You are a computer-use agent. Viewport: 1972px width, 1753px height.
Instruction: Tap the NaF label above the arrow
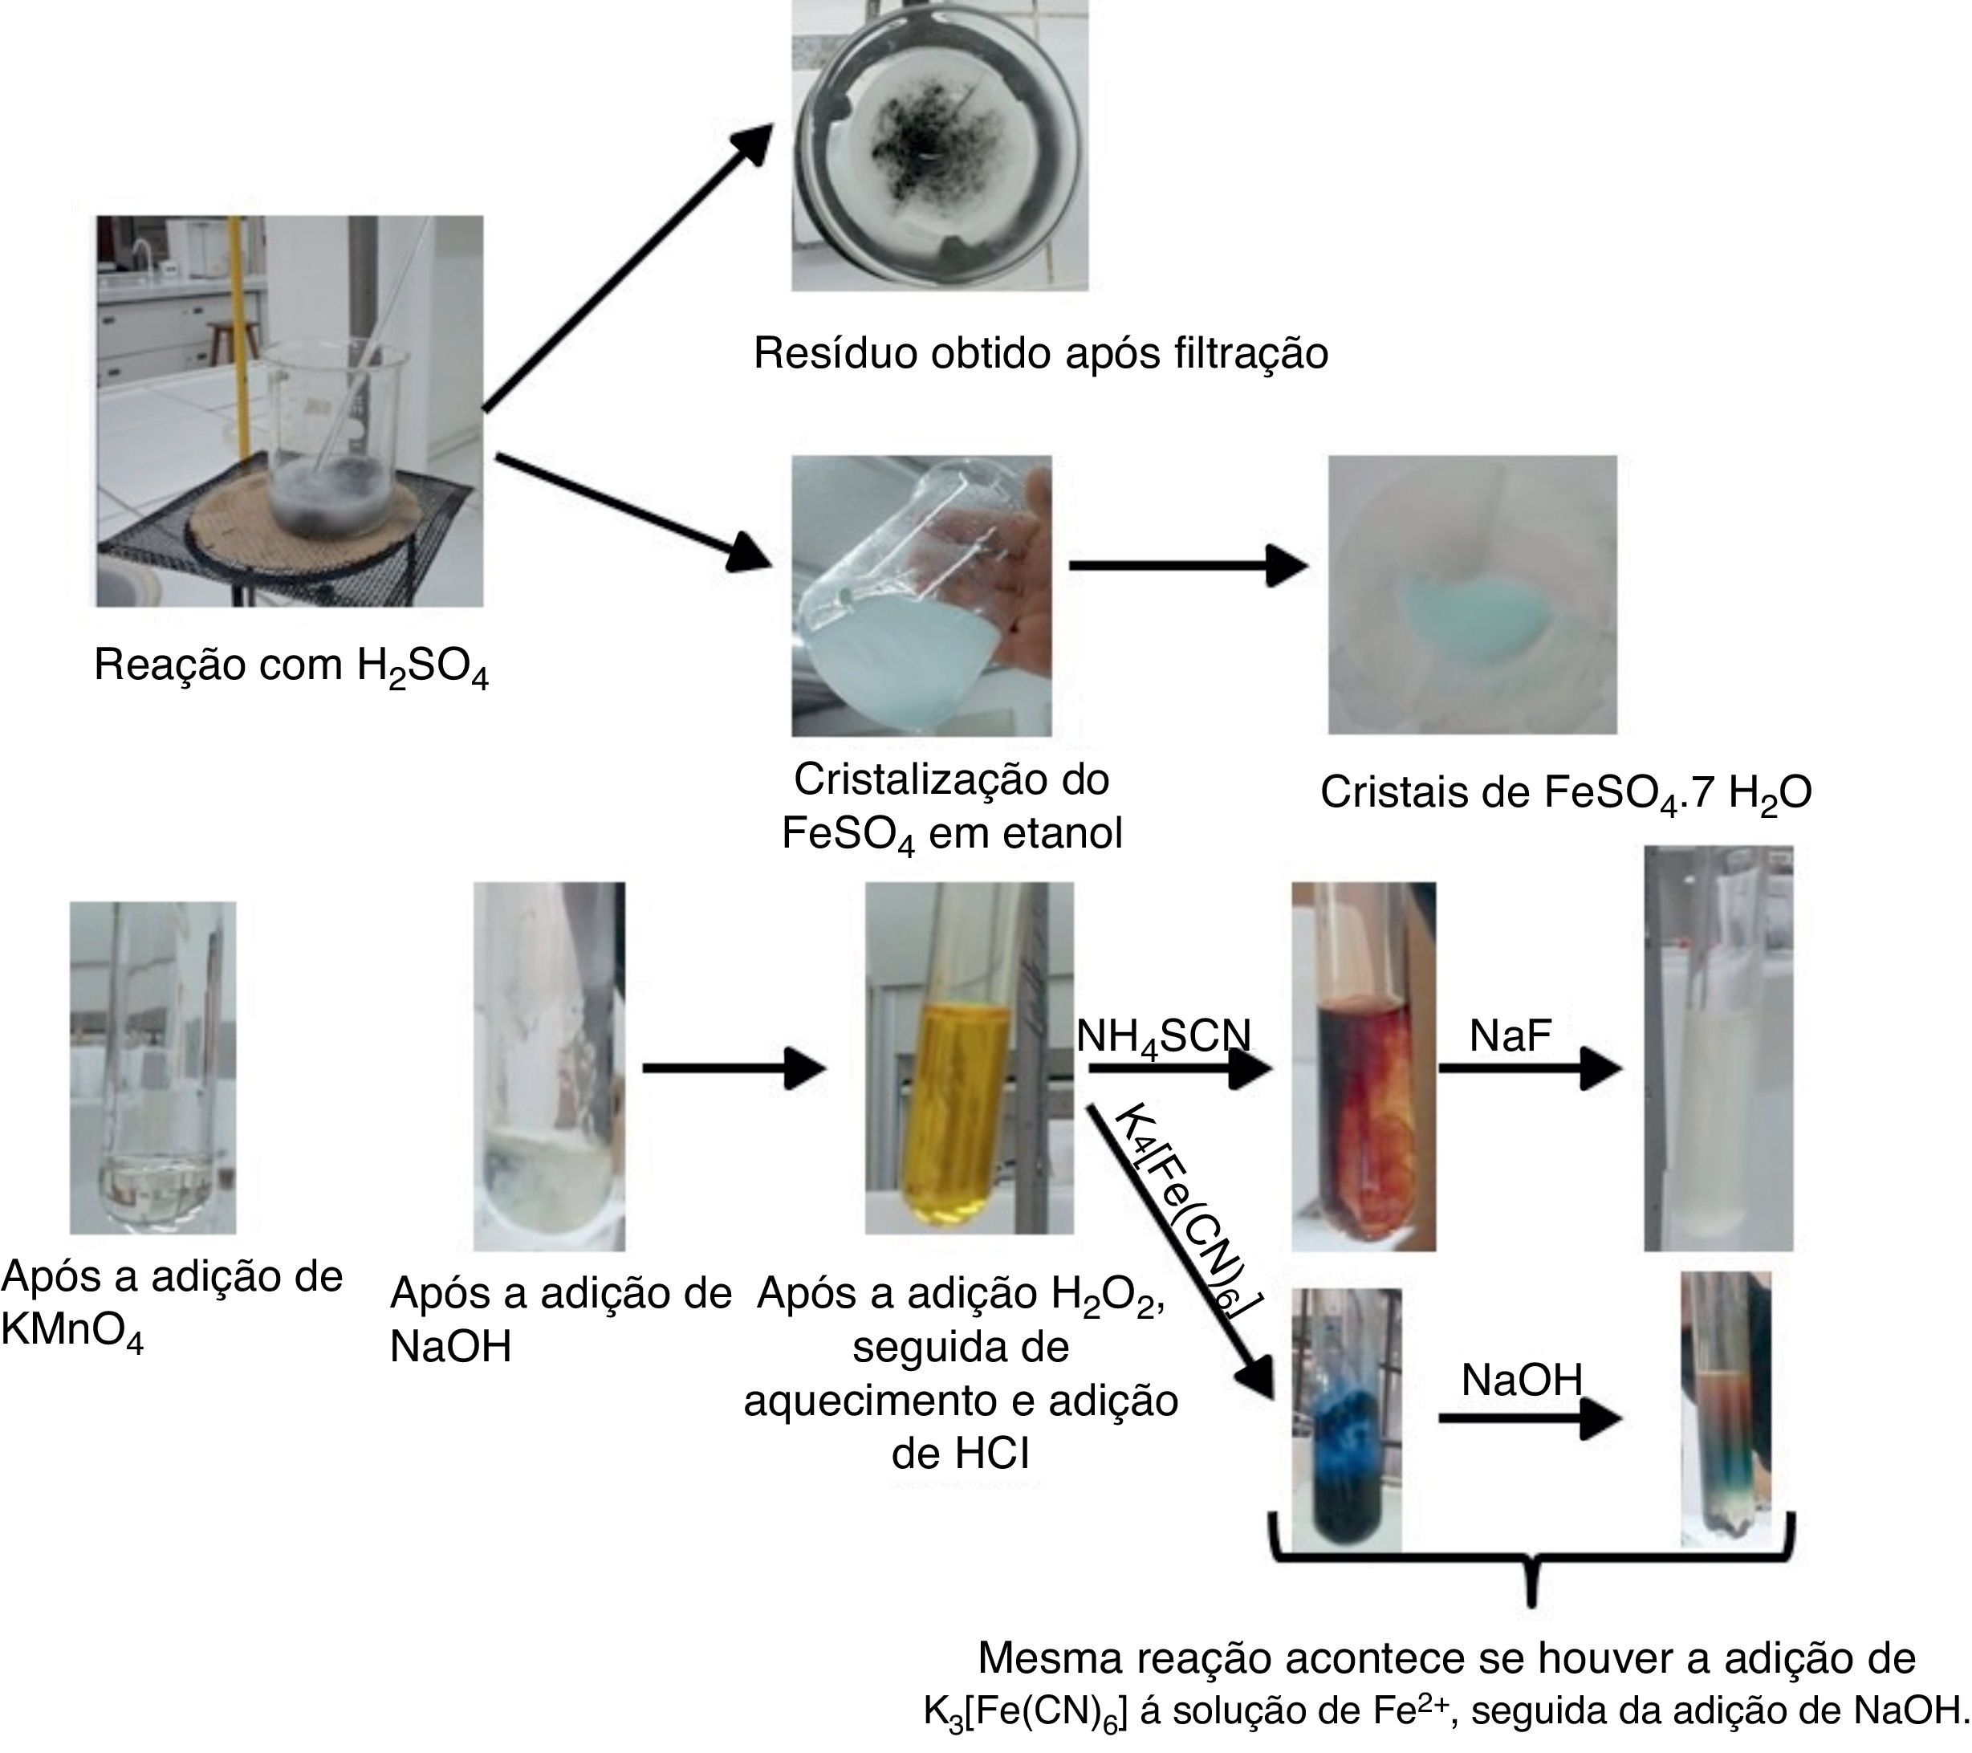pyautogui.click(x=1510, y=1036)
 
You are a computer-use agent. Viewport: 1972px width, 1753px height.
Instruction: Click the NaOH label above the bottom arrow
pyautogui.click(x=1522, y=1380)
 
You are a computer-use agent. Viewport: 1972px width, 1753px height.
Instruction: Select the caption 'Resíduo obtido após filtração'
pyautogui.click(x=1040, y=353)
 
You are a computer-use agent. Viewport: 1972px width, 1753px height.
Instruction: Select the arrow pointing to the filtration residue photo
pyautogui.click(x=627, y=270)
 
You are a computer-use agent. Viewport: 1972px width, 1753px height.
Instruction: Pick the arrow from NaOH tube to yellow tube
pyautogui.click(x=734, y=1068)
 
